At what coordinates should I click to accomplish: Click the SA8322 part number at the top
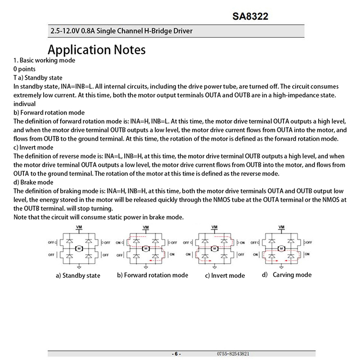pyautogui.click(x=251, y=17)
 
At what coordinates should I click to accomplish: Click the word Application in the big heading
pyautogui.click(x=80, y=49)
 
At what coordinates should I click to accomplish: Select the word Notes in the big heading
pyautogui.click(x=130, y=49)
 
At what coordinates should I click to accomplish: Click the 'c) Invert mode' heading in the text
pyautogui.click(x=34, y=148)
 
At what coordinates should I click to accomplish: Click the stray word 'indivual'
pyautogui.click(x=26, y=104)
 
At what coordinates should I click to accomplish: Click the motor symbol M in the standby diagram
pyautogui.click(x=79, y=248)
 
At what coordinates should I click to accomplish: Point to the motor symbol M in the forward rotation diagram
pyautogui.click(x=146, y=248)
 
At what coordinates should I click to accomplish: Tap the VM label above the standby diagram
pyautogui.click(x=79, y=227)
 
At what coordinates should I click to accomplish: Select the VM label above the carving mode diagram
pyautogui.click(x=282, y=227)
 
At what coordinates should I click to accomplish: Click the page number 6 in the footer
pyautogui.click(x=176, y=354)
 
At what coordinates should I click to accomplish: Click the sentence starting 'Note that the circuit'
pyautogui.click(x=99, y=217)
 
